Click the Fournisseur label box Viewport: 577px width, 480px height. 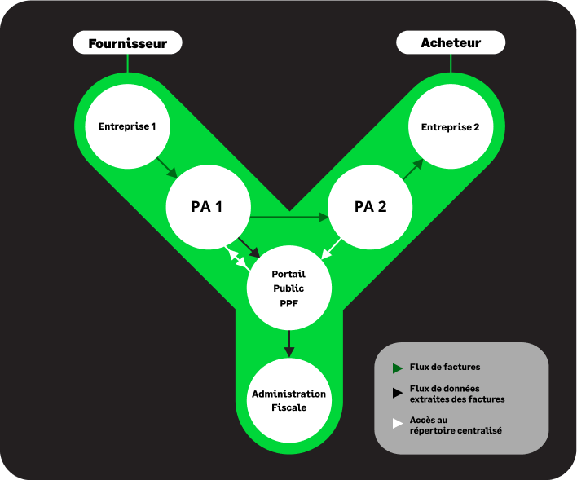point(127,43)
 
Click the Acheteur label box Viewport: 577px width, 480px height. point(451,42)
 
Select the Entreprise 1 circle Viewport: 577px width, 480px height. point(127,126)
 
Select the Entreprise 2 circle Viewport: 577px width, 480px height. point(450,127)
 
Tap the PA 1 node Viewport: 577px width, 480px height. point(207,206)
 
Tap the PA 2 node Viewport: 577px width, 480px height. point(370,206)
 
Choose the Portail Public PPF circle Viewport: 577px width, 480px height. point(288,288)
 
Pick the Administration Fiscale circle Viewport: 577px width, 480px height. point(288,400)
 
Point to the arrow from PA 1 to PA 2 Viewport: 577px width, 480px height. point(288,218)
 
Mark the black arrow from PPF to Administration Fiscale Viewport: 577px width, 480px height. point(288,343)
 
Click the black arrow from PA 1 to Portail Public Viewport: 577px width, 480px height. point(249,247)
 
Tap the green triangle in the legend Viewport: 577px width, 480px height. point(397,368)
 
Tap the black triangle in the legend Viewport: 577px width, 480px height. point(397,394)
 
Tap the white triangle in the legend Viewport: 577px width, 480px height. point(397,424)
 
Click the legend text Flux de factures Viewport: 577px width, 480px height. point(445,368)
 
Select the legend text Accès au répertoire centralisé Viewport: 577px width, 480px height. point(455,425)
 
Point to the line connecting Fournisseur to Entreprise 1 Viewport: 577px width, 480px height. point(127,64)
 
